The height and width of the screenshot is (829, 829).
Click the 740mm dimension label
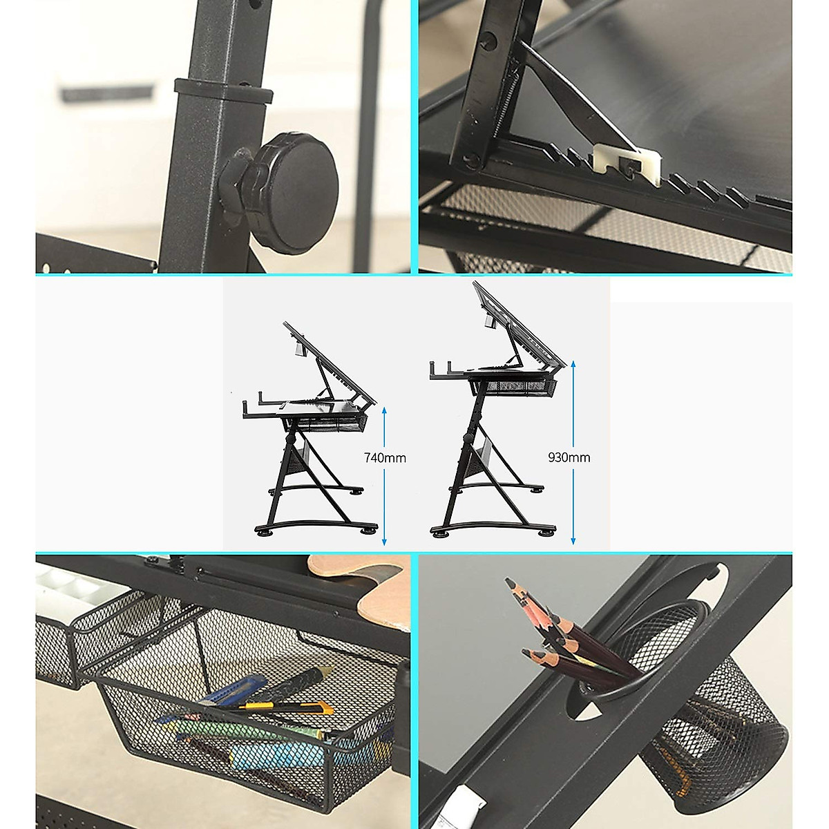(x=385, y=457)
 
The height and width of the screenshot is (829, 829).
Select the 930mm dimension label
(x=569, y=457)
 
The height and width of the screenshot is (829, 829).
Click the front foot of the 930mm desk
(x=546, y=531)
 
